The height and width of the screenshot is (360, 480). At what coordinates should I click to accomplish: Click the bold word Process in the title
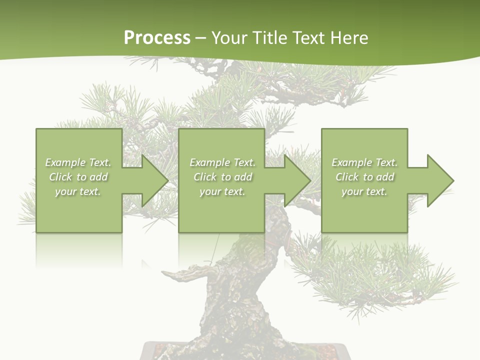pos(157,38)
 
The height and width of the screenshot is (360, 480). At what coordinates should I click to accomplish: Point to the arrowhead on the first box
pos(153,180)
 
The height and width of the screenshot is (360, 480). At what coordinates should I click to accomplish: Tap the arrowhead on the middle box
pos(296,180)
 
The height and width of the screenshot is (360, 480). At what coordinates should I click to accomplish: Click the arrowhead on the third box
pos(438,180)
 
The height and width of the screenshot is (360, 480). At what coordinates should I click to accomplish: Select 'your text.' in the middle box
pos(222,191)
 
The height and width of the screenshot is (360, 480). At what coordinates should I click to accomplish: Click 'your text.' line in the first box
pos(78,191)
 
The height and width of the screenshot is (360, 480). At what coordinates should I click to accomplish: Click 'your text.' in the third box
pos(364,191)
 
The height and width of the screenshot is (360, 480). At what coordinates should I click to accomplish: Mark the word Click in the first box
pos(60,177)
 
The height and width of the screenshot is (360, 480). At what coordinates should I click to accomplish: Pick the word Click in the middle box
pos(205,177)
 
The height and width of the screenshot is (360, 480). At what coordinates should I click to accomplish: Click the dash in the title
pos(201,38)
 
